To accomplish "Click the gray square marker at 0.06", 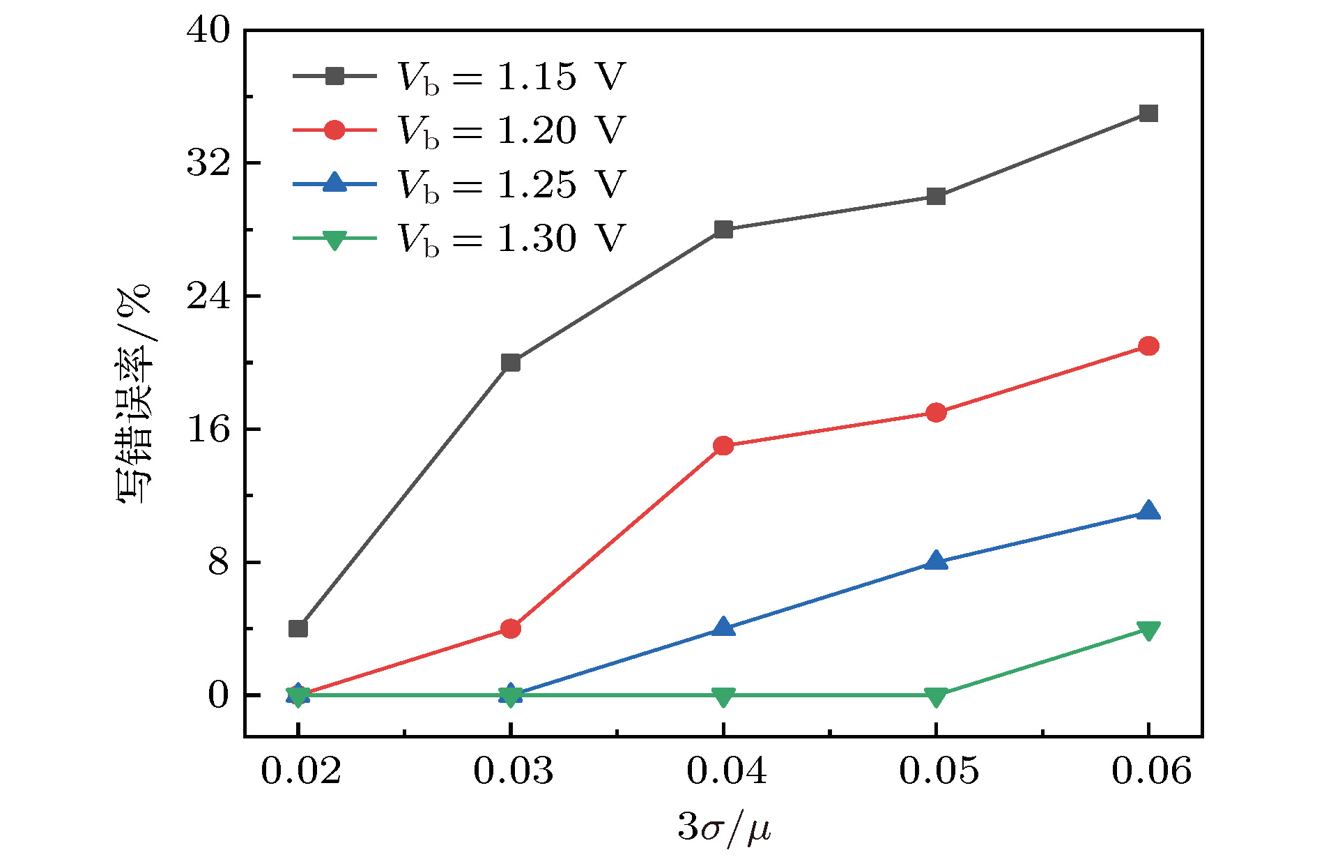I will (1148, 113).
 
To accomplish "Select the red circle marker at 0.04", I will (723, 446).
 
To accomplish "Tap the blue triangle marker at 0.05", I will (936, 561).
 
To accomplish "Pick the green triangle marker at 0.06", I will (1148, 630).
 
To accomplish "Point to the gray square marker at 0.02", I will (298, 628).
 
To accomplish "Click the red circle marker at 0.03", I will (511, 629).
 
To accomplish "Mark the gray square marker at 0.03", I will (511, 363).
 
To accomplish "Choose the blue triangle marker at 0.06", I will (1148, 511).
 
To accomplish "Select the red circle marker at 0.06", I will (1148, 346).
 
